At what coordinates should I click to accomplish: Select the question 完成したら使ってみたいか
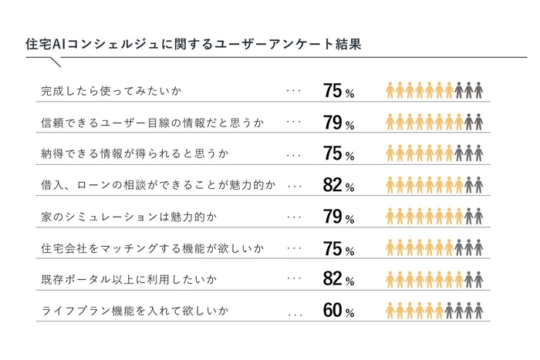click(x=111, y=91)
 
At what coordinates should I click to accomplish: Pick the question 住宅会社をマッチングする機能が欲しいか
click(x=152, y=249)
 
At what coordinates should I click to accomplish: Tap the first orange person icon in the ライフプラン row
click(x=390, y=311)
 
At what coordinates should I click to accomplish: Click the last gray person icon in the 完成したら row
click(x=479, y=90)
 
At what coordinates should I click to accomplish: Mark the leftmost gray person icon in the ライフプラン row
click(x=449, y=311)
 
